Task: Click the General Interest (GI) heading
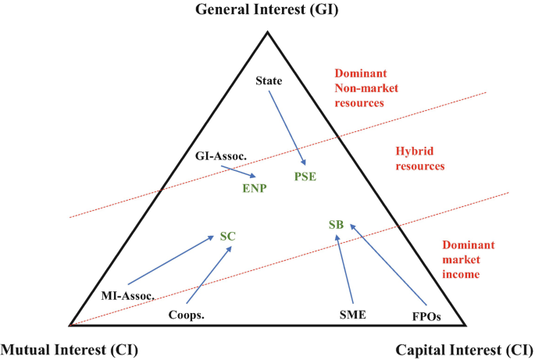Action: coord(266,10)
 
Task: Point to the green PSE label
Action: coord(305,176)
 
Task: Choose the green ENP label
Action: coord(252,187)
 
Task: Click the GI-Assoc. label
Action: coord(221,157)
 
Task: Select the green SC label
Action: coord(227,236)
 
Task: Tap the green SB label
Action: coord(336,226)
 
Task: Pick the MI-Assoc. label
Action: coord(128,295)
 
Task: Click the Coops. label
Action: coord(187,315)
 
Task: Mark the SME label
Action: coord(352,315)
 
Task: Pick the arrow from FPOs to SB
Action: coord(388,266)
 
